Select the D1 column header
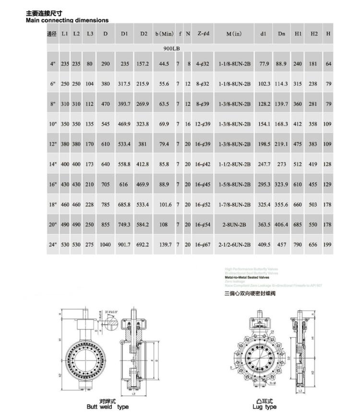point(124,34)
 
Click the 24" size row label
point(52,245)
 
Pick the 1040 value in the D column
point(105,245)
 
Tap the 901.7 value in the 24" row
point(124,245)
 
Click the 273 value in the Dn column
point(281,164)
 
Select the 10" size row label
point(52,124)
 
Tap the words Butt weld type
point(108,407)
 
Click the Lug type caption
point(264,407)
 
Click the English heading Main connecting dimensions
point(67,20)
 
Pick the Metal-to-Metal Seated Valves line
point(247,277)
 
